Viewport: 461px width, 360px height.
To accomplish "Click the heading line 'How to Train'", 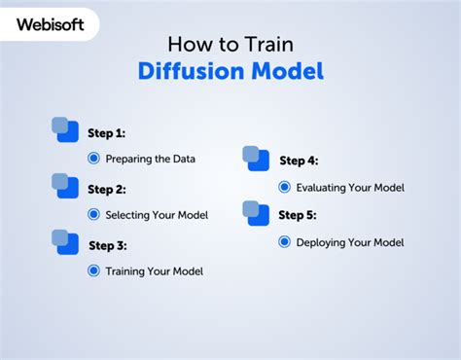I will coord(230,44).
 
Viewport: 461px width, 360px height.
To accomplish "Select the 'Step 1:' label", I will coord(106,132).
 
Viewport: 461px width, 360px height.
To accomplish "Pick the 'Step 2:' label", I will coord(107,189).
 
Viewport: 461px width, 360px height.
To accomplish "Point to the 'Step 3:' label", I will coord(108,245).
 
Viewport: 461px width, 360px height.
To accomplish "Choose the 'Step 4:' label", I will coord(299,161).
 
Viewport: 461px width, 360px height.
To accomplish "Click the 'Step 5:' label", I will coord(298,215).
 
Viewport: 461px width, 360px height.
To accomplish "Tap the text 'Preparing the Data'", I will coord(151,158).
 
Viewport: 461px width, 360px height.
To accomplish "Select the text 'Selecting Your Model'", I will coord(157,214).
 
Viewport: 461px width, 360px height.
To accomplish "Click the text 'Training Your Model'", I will coord(154,270).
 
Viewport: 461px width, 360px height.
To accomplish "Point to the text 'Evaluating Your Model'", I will coord(350,187).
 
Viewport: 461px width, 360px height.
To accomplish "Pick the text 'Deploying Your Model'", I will coord(349,241).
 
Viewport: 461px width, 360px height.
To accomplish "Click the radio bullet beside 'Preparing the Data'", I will coord(93,158).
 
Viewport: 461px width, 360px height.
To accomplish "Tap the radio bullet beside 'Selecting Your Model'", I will coord(93,214).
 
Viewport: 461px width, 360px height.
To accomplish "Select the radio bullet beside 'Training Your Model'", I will coord(93,270).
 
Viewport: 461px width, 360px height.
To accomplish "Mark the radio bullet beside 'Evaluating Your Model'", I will coord(284,187).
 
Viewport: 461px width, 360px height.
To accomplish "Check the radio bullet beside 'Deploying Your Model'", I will coord(284,241).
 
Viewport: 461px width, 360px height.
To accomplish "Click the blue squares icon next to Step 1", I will coord(65,129).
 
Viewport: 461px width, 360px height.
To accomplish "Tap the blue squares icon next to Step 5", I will coord(256,213).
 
